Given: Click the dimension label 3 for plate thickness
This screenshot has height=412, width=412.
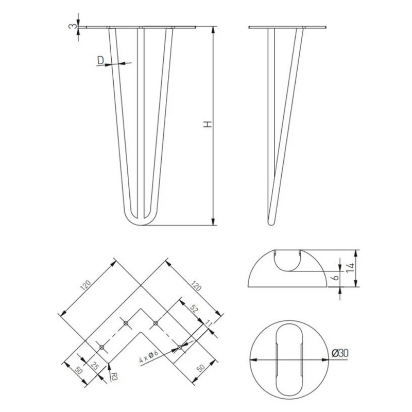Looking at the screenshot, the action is pos(74,26).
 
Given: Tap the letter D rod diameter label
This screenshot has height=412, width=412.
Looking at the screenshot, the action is pos(100,60).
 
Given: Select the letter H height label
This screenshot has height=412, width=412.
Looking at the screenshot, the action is pos(208,124).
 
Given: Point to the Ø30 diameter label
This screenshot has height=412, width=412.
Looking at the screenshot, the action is pos(340,353).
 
